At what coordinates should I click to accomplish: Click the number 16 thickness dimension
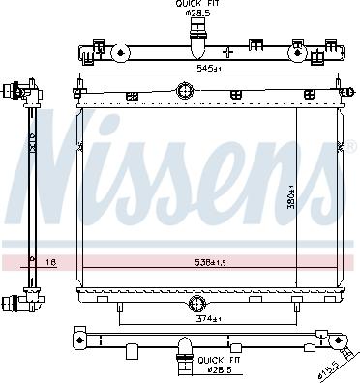coord(50,261)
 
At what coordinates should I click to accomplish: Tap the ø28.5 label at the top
coord(200,15)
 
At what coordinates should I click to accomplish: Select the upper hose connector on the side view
coord(14,93)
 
